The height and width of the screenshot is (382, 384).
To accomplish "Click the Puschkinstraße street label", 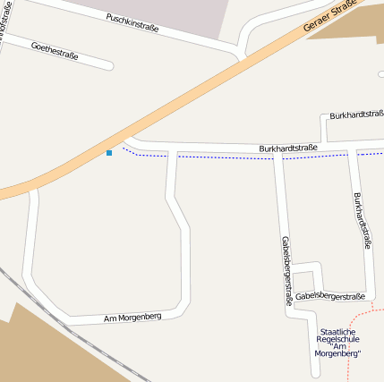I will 132,22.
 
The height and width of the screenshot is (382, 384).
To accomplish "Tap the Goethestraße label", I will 54,51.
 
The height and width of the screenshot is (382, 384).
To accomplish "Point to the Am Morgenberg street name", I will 132,317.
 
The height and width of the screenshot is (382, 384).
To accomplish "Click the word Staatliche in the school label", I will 337,332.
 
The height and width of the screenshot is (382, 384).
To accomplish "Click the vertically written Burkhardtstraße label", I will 362,219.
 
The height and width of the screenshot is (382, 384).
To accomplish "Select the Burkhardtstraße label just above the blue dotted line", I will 288,147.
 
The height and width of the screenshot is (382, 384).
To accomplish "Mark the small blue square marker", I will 109,153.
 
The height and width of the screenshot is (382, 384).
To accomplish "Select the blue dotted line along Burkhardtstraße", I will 224,157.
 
